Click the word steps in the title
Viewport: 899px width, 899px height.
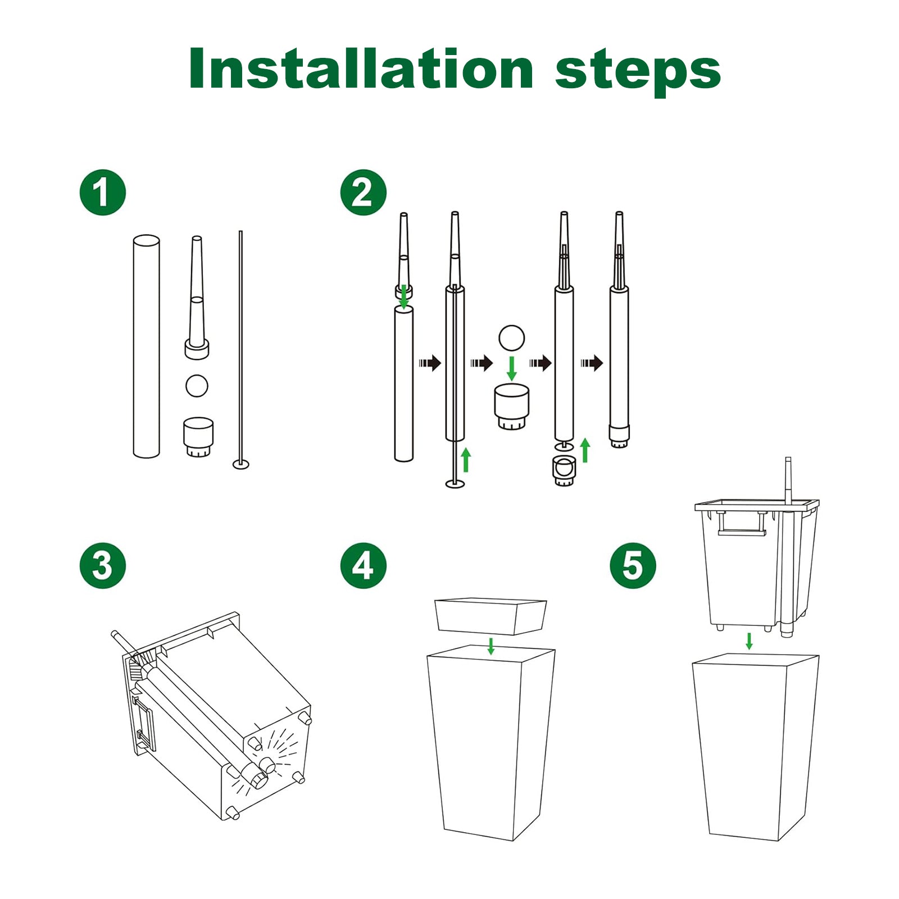point(638,71)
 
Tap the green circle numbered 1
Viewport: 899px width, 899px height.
point(102,192)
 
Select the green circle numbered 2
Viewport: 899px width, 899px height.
point(364,192)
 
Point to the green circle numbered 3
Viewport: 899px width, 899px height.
point(102,565)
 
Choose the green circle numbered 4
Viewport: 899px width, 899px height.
point(364,565)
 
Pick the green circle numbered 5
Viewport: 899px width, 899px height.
point(633,565)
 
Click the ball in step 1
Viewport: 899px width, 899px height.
point(197,386)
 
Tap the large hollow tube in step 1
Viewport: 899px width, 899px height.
point(146,346)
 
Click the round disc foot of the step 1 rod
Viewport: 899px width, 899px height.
point(241,464)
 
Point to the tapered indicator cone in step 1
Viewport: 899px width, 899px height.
point(197,298)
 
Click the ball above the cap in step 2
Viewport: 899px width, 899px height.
point(511,338)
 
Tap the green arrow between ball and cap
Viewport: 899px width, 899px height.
point(511,368)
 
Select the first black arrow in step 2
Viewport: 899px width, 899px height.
point(430,362)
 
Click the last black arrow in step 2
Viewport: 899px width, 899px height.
point(592,363)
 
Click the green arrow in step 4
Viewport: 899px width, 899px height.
point(491,646)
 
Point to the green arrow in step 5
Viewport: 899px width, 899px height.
point(749,641)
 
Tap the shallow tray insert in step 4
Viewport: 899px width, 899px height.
point(491,616)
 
